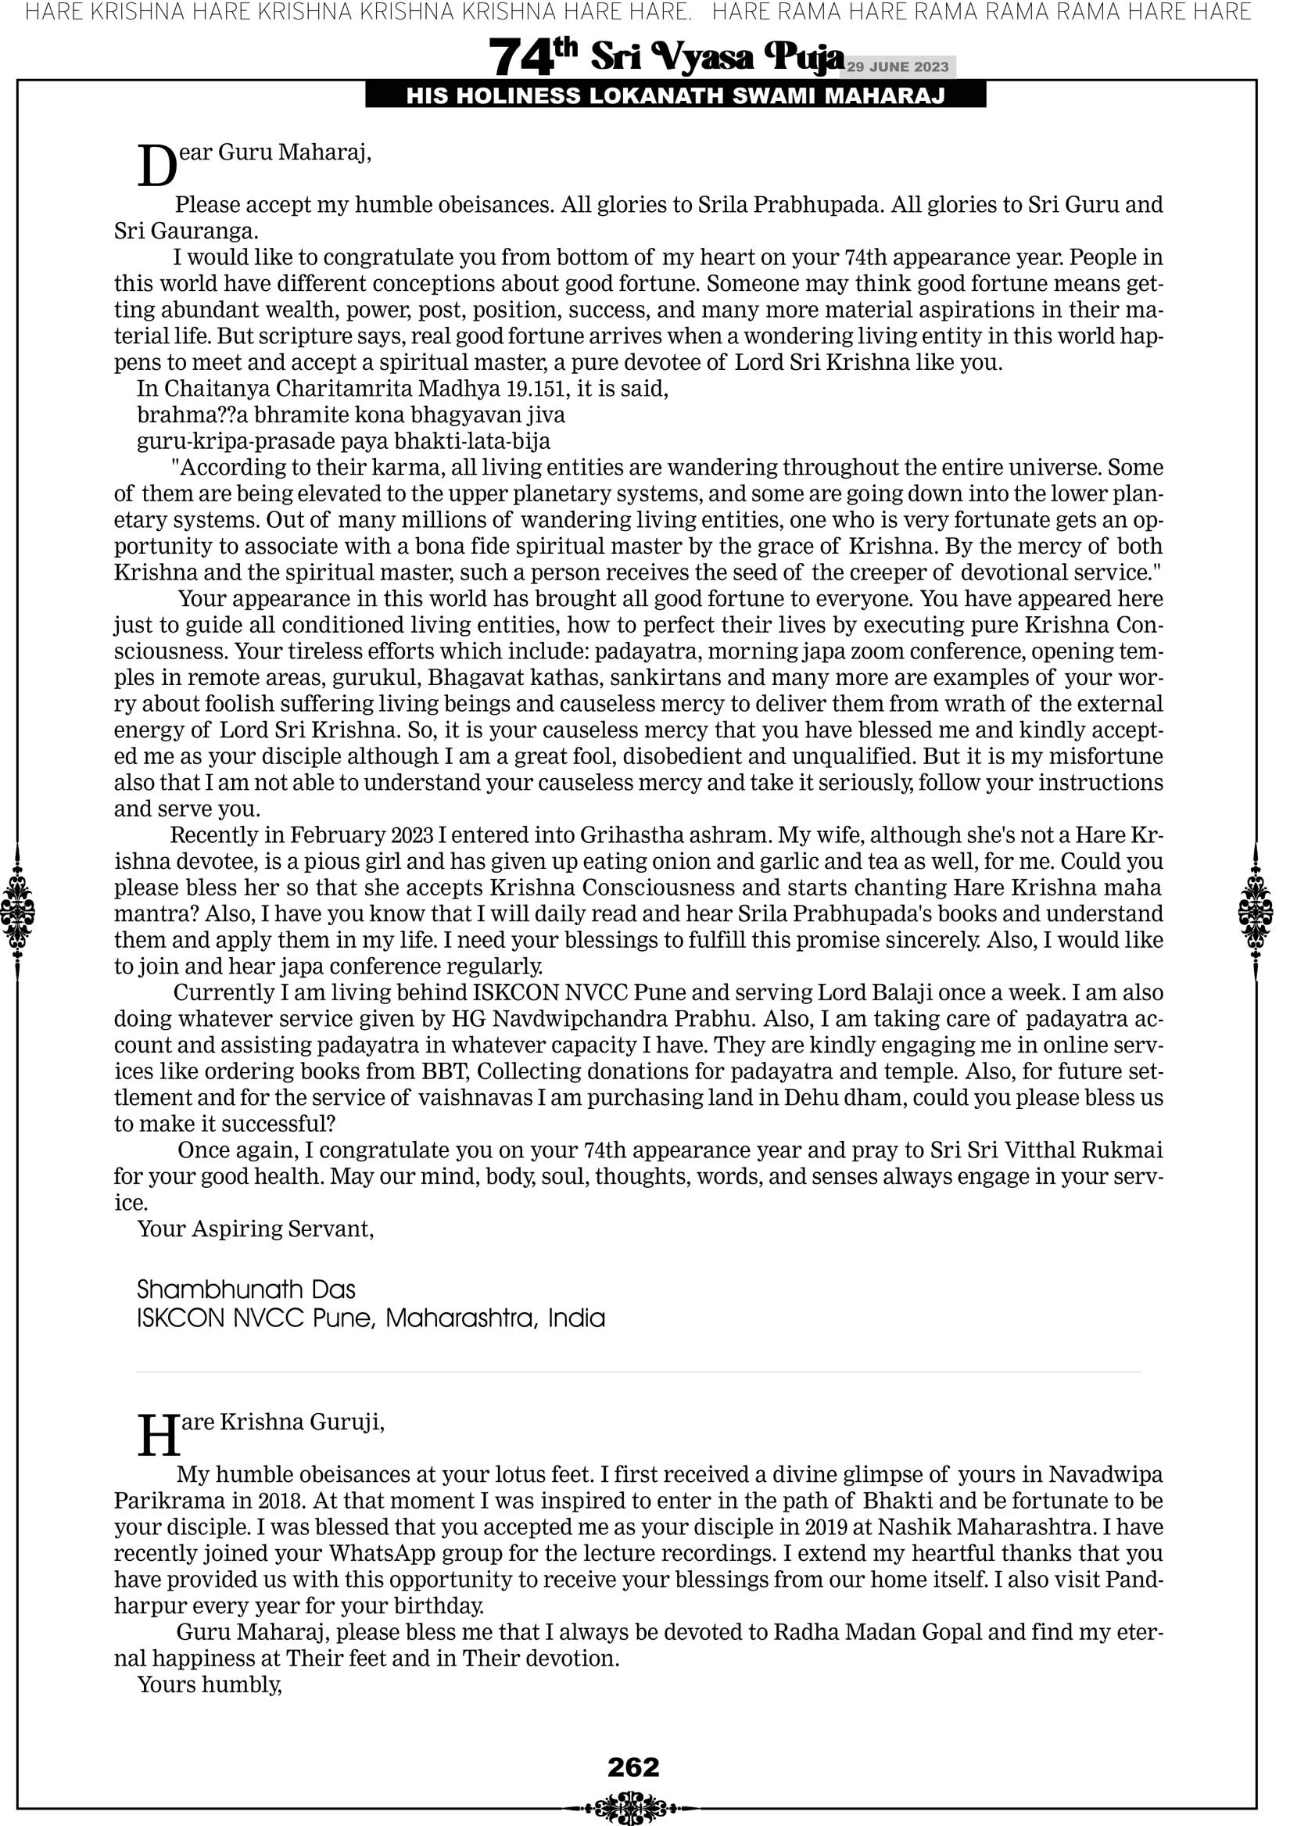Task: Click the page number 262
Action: click(x=633, y=1767)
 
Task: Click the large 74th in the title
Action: click(x=532, y=56)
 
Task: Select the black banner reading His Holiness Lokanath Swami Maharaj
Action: click(x=675, y=96)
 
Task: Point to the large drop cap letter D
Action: click(x=156, y=168)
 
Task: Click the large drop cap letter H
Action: click(x=157, y=1437)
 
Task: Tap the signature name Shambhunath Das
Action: click(x=245, y=1290)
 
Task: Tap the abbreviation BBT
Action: click(x=446, y=1071)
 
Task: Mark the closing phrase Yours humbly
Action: click(x=210, y=1684)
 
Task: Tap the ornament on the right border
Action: click(x=1256, y=913)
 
